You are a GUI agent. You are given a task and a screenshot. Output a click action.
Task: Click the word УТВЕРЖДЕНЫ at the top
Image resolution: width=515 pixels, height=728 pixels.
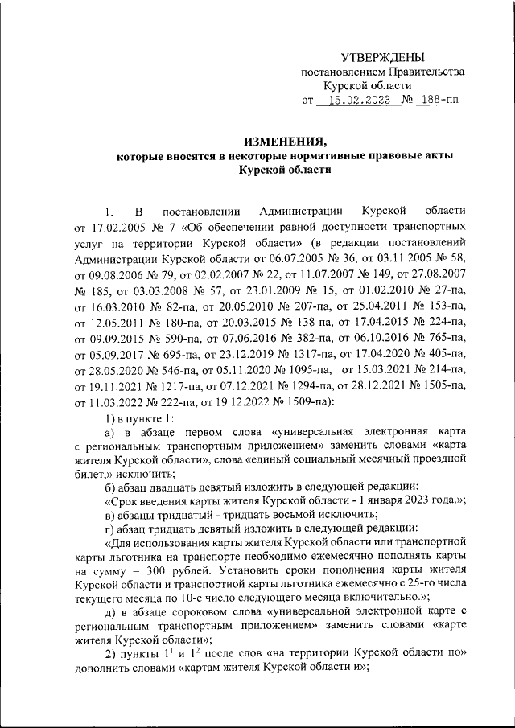coord(381,56)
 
